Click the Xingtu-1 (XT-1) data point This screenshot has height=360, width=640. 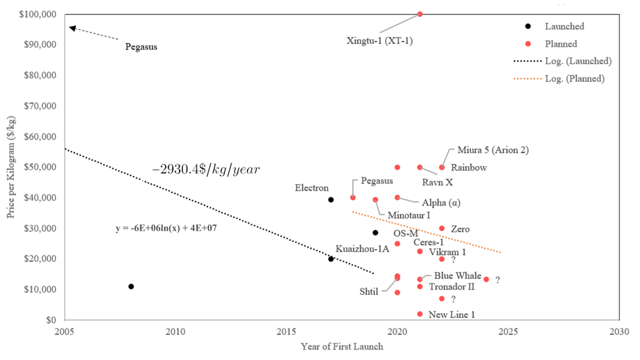(419, 14)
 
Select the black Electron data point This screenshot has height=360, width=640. (331, 200)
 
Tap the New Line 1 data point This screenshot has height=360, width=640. (419, 314)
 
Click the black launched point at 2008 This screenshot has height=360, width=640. (131, 286)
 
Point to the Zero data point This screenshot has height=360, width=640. (442, 228)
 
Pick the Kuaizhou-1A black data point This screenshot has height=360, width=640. (331, 259)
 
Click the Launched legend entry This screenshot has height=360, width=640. (564, 26)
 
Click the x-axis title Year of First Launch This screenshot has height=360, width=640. (342, 347)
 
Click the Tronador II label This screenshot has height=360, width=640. (452, 286)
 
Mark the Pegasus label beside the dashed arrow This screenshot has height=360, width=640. (141, 46)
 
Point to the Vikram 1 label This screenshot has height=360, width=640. (447, 252)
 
